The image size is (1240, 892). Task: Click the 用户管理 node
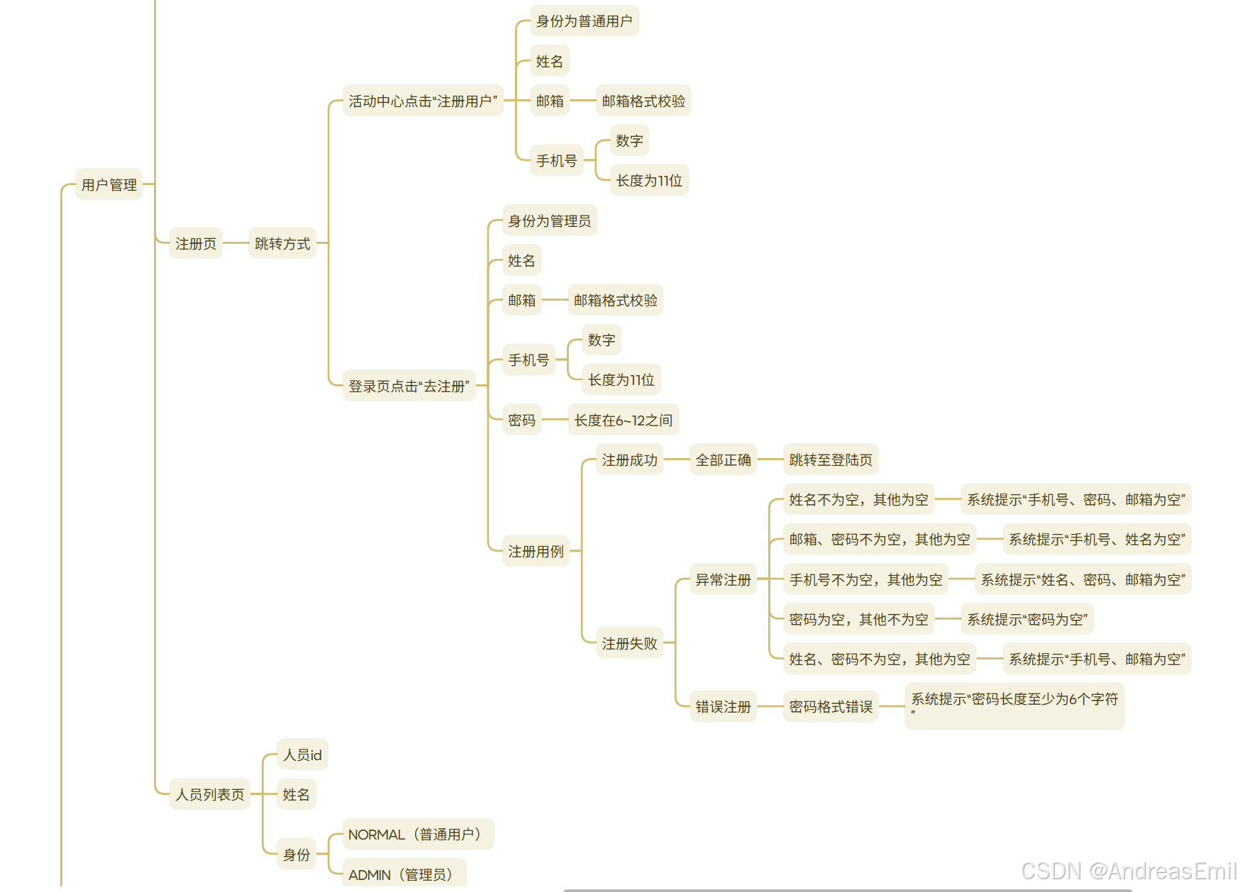pyautogui.click(x=109, y=184)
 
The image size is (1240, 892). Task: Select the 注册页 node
pyautogui.click(x=195, y=243)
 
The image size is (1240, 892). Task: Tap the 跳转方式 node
pyautogui.click(x=282, y=243)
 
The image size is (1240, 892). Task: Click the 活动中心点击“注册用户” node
pyautogui.click(x=423, y=101)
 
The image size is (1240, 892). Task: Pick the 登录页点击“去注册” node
pyautogui.click(x=409, y=386)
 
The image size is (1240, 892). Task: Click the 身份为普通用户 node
pyautogui.click(x=584, y=21)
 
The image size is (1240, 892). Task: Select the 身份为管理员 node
pyautogui.click(x=549, y=221)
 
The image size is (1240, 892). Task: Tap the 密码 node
pyautogui.click(x=521, y=420)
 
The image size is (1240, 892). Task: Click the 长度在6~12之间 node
pyautogui.click(x=623, y=420)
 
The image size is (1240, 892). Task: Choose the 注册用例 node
pyautogui.click(x=536, y=551)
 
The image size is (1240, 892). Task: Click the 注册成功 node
pyautogui.click(x=629, y=459)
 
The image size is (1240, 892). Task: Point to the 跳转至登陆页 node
pyautogui.click(x=830, y=459)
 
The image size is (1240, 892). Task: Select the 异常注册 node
pyautogui.click(x=723, y=579)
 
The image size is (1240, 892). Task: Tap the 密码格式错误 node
pyautogui.click(x=830, y=706)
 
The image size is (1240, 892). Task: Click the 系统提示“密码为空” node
pyautogui.click(x=1026, y=619)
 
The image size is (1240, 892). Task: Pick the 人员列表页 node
pyautogui.click(x=209, y=794)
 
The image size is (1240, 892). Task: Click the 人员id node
pyautogui.click(x=302, y=754)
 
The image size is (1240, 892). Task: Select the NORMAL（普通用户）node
pyautogui.click(x=418, y=834)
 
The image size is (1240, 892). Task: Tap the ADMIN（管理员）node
pyautogui.click(x=404, y=874)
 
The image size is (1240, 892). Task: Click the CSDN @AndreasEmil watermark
pyautogui.click(x=1128, y=871)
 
